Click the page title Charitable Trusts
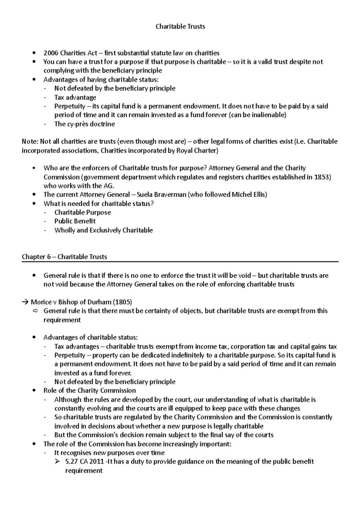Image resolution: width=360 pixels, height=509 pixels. (x=180, y=26)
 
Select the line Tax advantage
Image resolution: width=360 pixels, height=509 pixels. (x=75, y=97)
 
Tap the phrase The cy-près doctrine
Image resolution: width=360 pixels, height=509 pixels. (x=84, y=124)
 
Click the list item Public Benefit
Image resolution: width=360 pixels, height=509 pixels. (x=75, y=221)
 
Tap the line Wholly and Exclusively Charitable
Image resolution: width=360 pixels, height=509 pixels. (x=103, y=230)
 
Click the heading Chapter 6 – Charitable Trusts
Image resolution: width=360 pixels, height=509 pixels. (x=64, y=257)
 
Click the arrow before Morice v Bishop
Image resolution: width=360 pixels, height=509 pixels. (x=25, y=302)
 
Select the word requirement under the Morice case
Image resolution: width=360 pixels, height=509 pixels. (x=62, y=320)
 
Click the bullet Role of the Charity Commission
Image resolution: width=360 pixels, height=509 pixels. (x=89, y=391)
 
